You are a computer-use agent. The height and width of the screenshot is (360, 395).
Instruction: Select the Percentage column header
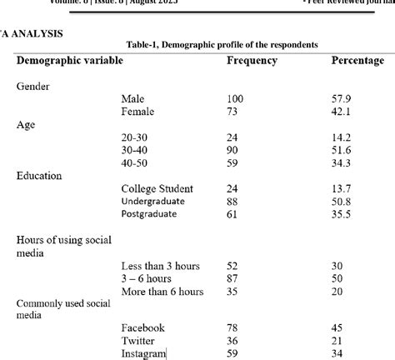coord(357,61)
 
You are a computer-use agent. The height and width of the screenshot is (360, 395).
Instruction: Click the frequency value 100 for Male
coord(236,99)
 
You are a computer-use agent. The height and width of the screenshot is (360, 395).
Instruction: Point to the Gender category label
coord(32,86)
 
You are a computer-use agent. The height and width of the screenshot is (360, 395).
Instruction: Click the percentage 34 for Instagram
coord(337,353)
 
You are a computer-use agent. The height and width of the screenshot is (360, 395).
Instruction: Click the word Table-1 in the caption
coord(147,44)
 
